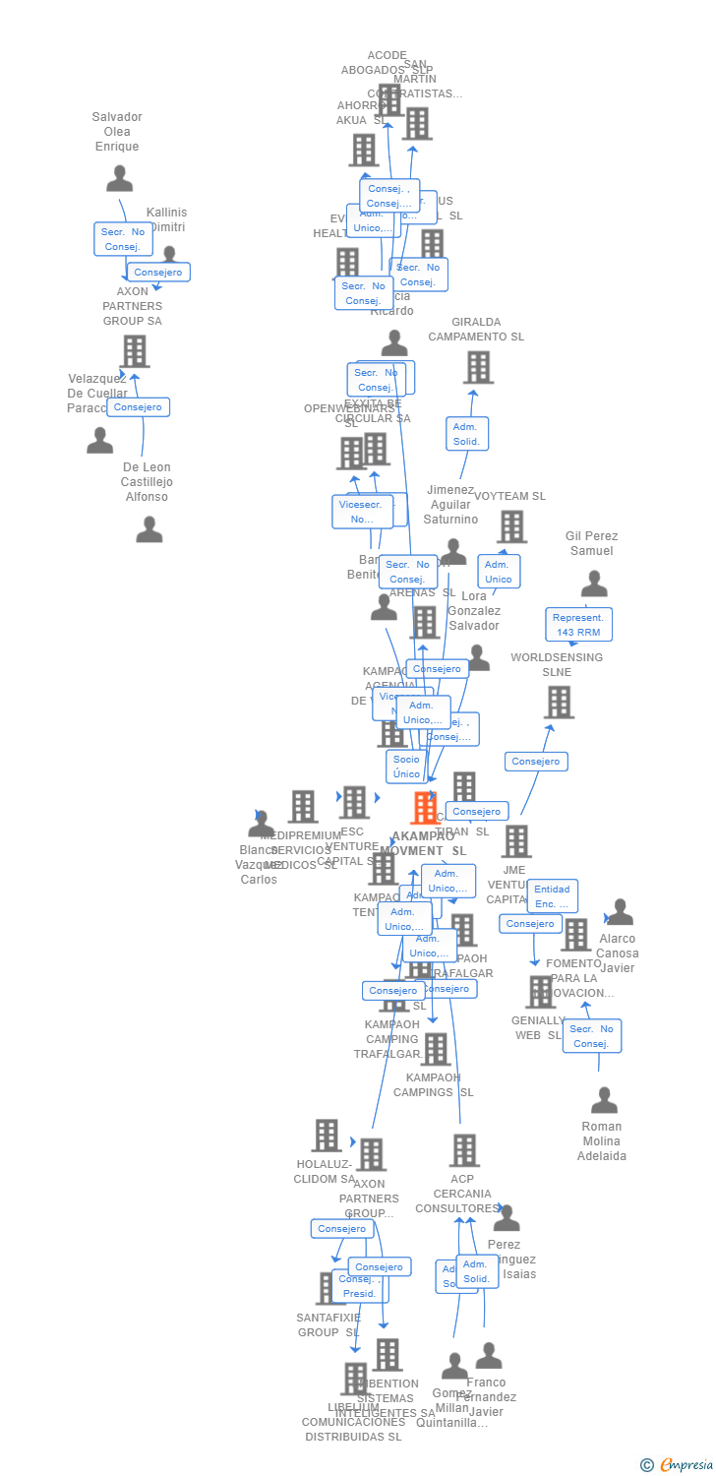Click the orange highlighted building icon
(x=425, y=808)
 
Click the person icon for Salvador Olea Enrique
(x=119, y=178)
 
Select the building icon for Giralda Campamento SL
(x=478, y=367)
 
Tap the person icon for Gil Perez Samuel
(x=594, y=584)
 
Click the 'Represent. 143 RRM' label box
(x=578, y=625)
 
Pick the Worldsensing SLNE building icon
(x=559, y=703)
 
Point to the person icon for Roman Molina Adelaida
(x=604, y=1099)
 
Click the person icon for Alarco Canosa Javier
(x=620, y=912)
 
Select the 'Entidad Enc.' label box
(x=552, y=896)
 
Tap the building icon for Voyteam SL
(x=511, y=527)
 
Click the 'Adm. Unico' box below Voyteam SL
(x=499, y=572)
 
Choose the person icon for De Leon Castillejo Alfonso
(x=149, y=530)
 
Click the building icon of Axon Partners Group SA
(x=135, y=351)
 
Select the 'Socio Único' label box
(x=406, y=767)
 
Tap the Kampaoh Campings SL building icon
(x=435, y=1049)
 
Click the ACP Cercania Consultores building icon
(x=464, y=1149)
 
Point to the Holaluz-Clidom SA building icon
(x=327, y=1136)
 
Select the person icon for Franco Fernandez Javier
(x=489, y=1356)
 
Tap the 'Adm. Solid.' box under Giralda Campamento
(x=466, y=434)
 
